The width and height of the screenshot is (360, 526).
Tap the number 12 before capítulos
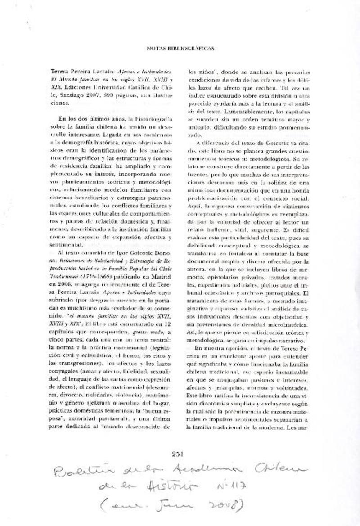point(166,323)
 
